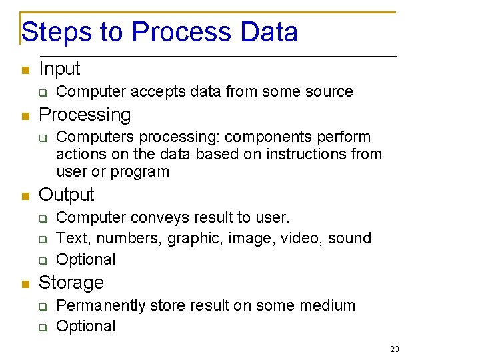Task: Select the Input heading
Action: point(59,69)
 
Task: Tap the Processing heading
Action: point(85,115)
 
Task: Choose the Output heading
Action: point(67,195)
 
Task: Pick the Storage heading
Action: point(71,283)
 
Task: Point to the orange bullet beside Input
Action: point(25,70)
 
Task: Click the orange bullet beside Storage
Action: point(25,284)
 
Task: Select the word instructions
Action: point(303,155)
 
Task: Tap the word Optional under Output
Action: point(86,259)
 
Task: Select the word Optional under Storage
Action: point(86,327)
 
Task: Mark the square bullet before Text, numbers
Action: point(42,239)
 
